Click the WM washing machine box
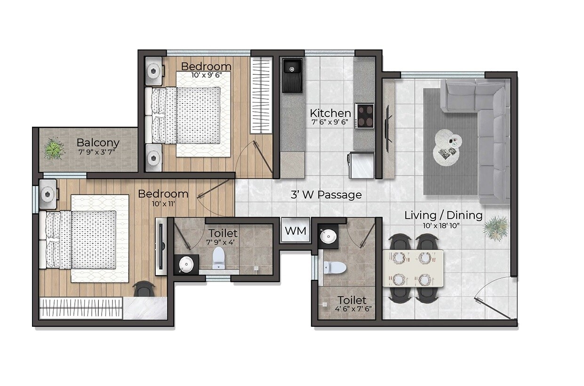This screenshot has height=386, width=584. [x=296, y=231]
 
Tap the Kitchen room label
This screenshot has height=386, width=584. [x=330, y=113]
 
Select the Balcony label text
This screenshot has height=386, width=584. [x=98, y=142]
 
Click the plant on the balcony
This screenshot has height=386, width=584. [x=54, y=149]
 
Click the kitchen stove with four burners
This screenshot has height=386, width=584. [x=364, y=116]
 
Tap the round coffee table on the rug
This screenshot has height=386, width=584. [x=448, y=147]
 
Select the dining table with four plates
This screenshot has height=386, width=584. [x=413, y=268]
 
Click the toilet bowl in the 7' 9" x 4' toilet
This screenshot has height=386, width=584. [x=219, y=258]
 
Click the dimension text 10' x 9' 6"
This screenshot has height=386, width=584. [x=206, y=75]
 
